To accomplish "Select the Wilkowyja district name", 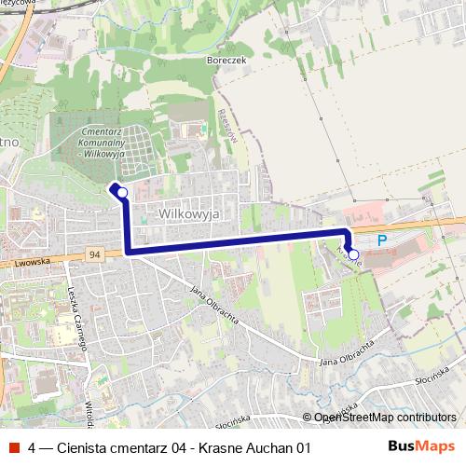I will [188, 212].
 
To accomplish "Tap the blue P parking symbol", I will [381, 240].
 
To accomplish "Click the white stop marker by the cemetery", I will [121, 192].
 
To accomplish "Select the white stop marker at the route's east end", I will [353, 254].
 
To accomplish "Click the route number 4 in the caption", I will [33, 447].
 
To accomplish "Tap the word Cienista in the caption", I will [83, 447].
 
